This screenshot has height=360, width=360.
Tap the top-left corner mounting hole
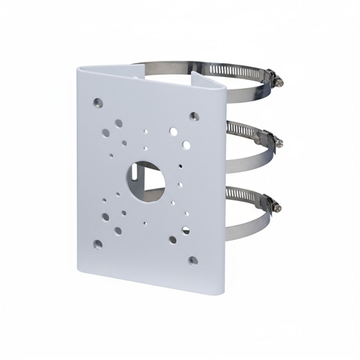tap(98, 102)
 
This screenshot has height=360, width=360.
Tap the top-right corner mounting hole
tap(194, 116)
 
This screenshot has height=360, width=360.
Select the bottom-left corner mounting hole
tap(98, 244)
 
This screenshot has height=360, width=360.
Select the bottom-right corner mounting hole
tap(193, 260)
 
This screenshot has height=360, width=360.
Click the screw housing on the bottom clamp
tap(267, 202)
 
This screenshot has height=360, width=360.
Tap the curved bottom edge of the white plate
tap(144, 279)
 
